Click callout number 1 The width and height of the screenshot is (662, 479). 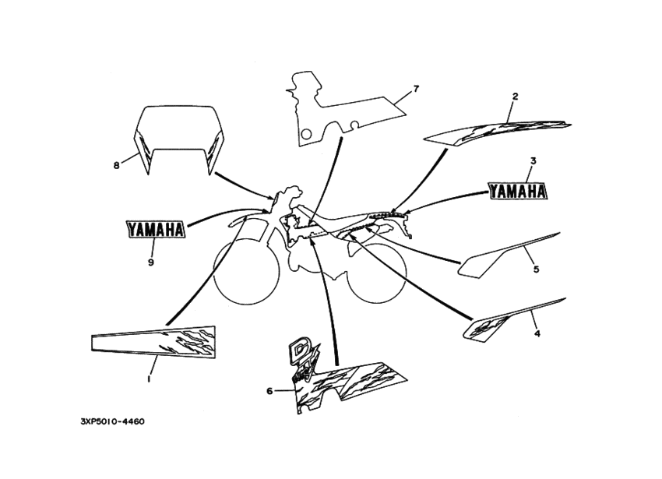coord(149,379)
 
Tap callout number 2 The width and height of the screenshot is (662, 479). coord(515,97)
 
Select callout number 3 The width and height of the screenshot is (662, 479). coord(533,161)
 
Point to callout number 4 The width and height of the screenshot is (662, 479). coord(537,333)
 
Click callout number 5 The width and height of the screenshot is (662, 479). coord(536,269)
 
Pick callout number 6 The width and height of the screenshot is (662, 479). coord(269,391)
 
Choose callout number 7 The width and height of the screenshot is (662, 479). coord(417,89)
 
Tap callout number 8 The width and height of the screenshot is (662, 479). coord(117,165)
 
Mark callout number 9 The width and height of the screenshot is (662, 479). coord(151,262)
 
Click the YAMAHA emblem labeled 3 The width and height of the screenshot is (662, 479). coord(518,192)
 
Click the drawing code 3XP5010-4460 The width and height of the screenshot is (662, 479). coord(112,421)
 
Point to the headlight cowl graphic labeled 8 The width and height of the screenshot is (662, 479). coord(179,139)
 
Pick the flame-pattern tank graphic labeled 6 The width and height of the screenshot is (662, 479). coord(347,378)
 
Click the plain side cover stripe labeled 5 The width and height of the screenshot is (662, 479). coord(509,255)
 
